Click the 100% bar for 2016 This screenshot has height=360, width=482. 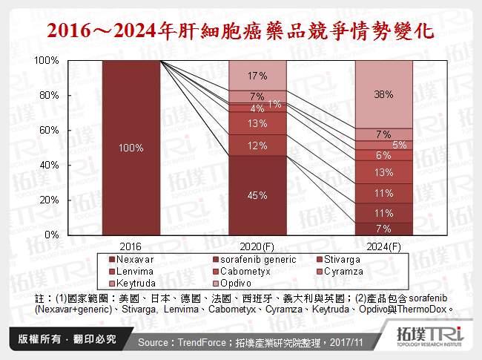click(x=131, y=148)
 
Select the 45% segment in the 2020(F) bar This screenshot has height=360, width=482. click(x=257, y=195)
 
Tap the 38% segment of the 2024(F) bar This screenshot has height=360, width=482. click(x=383, y=94)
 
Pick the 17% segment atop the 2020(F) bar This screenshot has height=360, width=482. click(x=257, y=75)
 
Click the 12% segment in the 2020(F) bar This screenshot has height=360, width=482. click(x=257, y=145)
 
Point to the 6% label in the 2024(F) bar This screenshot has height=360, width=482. click(x=383, y=155)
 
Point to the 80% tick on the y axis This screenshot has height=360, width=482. click(x=49, y=95)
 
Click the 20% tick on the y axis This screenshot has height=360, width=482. click(x=49, y=200)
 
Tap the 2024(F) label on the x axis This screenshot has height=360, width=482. click(x=383, y=246)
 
